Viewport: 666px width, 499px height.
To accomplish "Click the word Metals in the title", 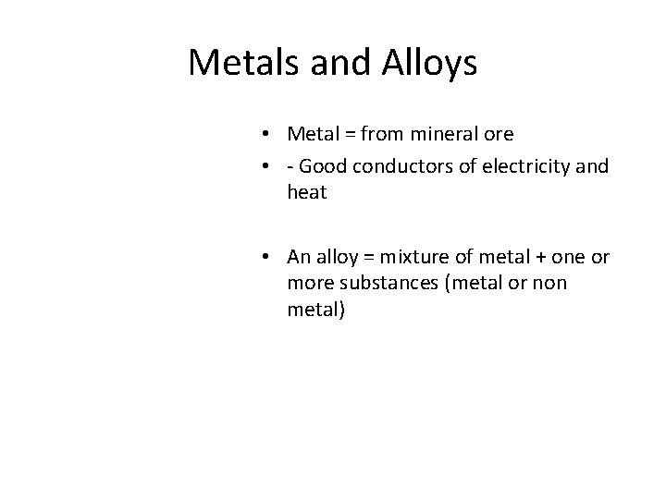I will [240, 63].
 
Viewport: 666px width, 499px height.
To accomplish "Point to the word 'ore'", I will [498, 134].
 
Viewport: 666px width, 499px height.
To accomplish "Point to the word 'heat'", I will [307, 194].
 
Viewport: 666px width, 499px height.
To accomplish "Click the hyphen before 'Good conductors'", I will [291, 168].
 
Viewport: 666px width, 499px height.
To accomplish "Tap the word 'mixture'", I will [423, 256].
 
